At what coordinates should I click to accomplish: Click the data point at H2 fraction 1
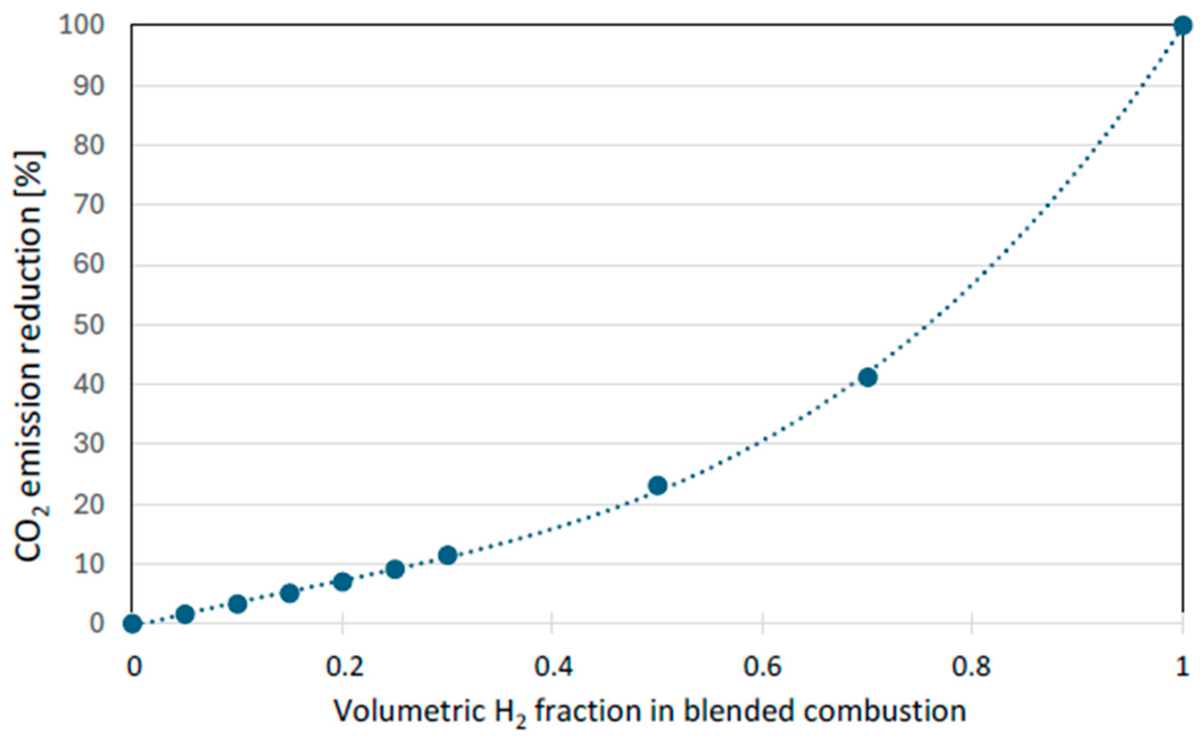click(x=1183, y=25)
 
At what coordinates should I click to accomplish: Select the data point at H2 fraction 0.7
click(x=868, y=377)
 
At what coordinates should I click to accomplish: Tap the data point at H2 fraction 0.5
click(x=658, y=486)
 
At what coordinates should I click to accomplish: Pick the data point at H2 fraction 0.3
click(x=448, y=555)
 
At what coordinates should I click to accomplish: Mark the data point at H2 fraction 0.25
click(x=395, y=569)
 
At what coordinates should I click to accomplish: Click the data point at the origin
click(x=133, y=624)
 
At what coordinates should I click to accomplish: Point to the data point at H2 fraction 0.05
click(x=185, y=614)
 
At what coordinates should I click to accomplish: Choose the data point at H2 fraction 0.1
click(x=238, y=604)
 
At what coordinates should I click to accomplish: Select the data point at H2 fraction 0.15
click(x=290, y=593)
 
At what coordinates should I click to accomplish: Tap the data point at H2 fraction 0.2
click(x=343, y=582)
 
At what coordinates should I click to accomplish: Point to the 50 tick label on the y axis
click(x=89, y=325)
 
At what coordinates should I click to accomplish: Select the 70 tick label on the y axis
click(x=89, y=205)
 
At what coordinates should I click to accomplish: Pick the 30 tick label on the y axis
click(x=89, y=444)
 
